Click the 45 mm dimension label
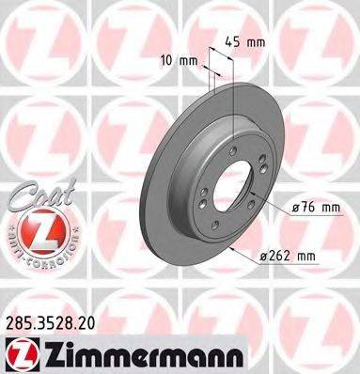(246, 41)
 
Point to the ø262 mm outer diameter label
(289, 254)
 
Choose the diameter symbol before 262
(264, 255)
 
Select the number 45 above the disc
(235, 41)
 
